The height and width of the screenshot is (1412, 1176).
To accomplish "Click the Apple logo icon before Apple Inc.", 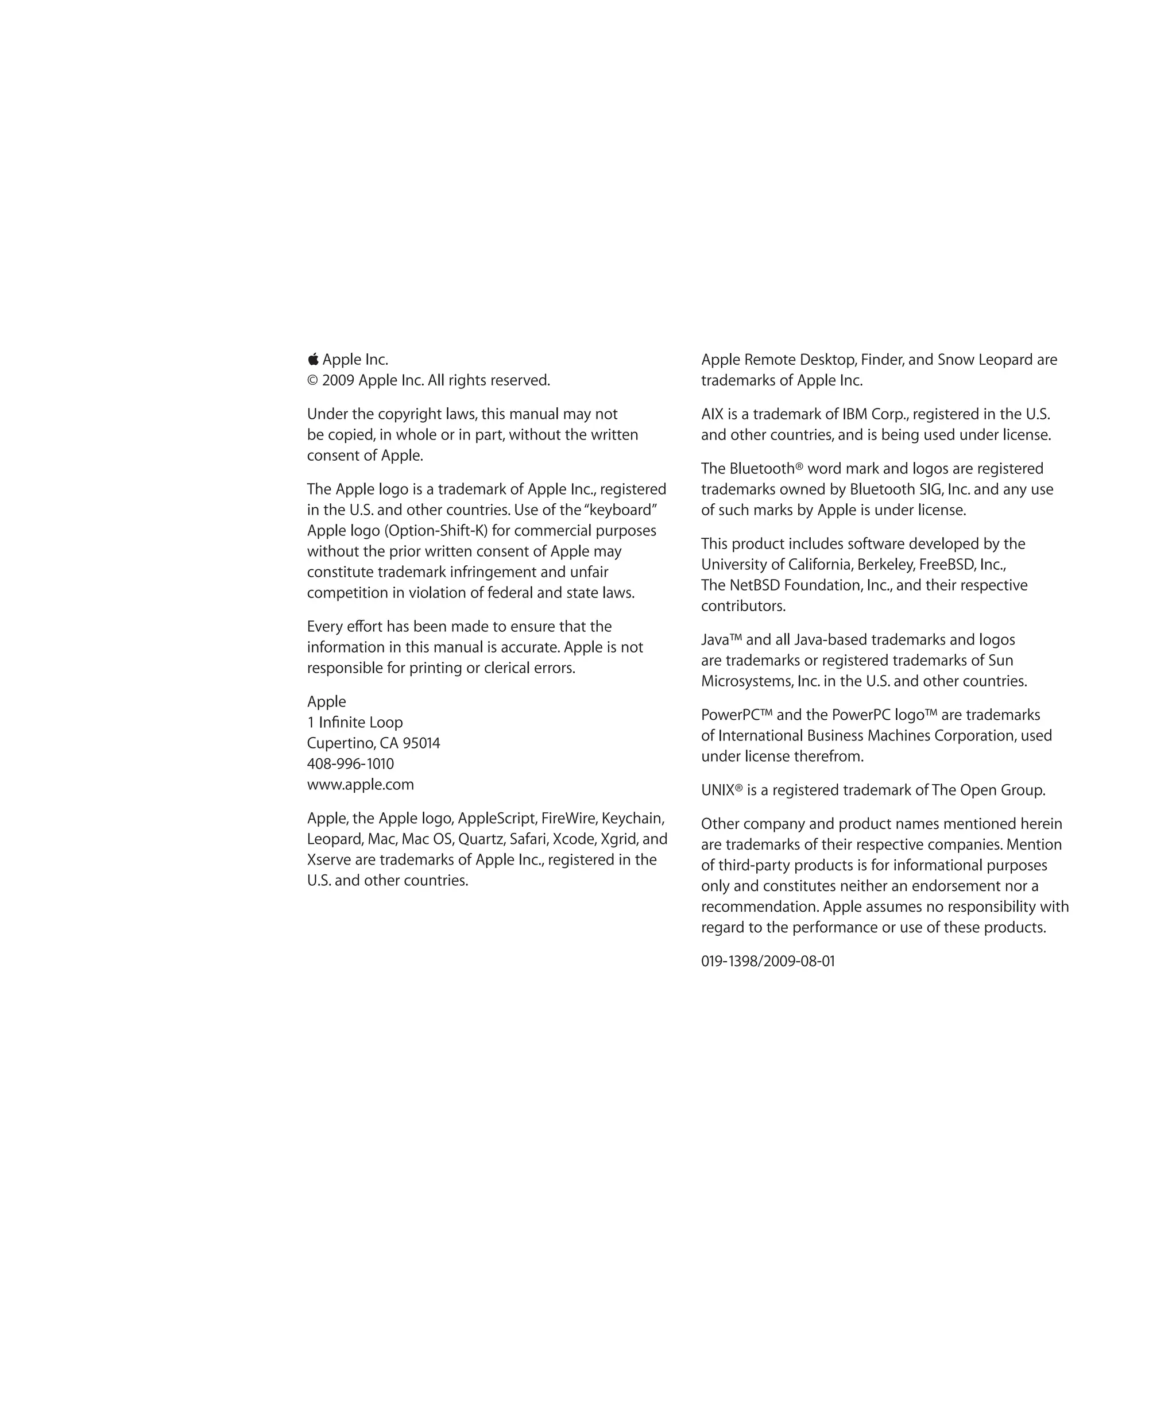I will click(x=313, y=360).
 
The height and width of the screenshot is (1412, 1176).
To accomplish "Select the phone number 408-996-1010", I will click(x=350, y=764).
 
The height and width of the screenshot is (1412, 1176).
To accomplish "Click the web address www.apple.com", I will click(x=360, y=785).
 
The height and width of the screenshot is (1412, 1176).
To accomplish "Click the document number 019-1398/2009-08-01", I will click(x=767, y=962).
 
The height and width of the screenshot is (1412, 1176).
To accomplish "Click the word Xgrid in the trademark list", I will click(x=618, y=839).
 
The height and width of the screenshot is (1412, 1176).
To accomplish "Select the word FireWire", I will click(x=568, y=818).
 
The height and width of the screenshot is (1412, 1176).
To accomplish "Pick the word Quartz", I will click(x=480, y=839).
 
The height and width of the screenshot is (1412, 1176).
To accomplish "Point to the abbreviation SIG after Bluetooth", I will click(x=930, y=489).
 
